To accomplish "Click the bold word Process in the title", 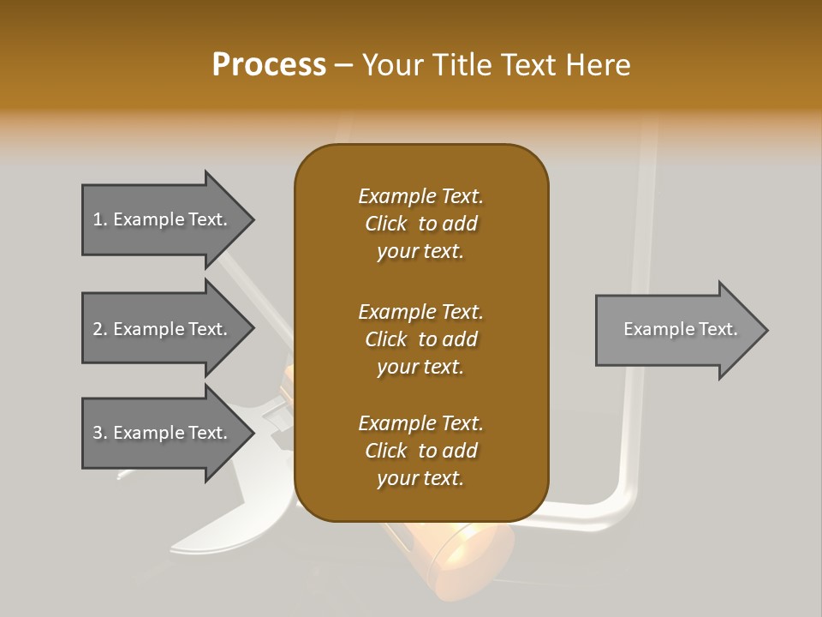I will pos(269,65).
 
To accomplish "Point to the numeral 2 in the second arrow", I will pos(98,329).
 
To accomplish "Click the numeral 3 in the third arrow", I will pos(98,433).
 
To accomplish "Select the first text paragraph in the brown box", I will pos(420,224).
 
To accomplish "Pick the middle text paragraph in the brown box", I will pos(420,338).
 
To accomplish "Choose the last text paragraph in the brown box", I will pos(420,451).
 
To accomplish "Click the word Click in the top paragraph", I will pos(386,224).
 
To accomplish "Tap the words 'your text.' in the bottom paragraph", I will pos(420,479).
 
